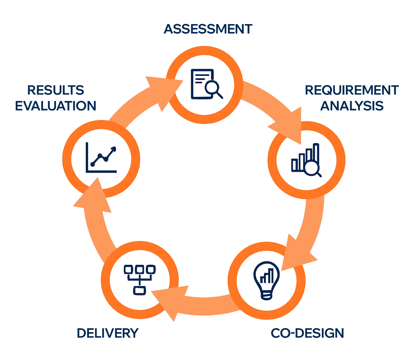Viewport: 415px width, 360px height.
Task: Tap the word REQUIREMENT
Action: [x=351, y=90]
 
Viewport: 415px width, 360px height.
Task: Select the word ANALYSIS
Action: [x=352, y=106]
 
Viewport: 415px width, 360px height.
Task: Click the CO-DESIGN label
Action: [x=307, y=333]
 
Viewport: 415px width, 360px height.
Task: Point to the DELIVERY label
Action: [x=108, y=333]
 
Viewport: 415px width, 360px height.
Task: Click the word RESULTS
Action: [x=56, y=90]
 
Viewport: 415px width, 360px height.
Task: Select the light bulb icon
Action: [x=266, y=280]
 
